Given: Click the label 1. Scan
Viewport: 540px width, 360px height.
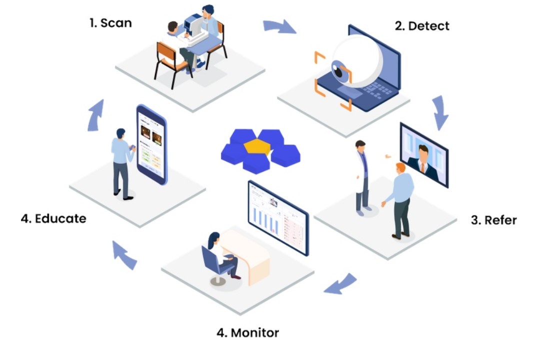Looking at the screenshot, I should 110,22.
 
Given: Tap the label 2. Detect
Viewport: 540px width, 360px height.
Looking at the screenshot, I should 422,26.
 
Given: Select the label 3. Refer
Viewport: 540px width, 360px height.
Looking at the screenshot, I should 493,220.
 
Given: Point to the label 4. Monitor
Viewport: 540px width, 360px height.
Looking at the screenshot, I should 247,332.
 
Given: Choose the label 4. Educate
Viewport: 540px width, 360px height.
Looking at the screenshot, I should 53,218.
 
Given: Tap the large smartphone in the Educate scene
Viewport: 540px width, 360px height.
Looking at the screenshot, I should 151,144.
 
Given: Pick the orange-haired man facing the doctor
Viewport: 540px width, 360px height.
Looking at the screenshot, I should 400,200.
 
